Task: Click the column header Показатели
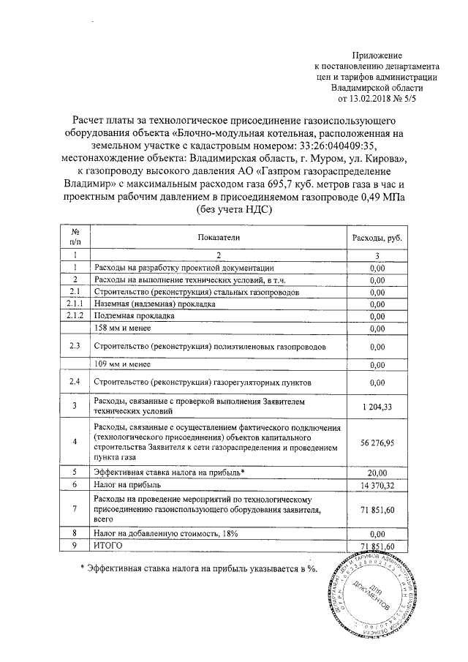pos(217,238)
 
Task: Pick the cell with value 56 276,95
pos(377,442)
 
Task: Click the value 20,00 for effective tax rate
pos(377,472)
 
